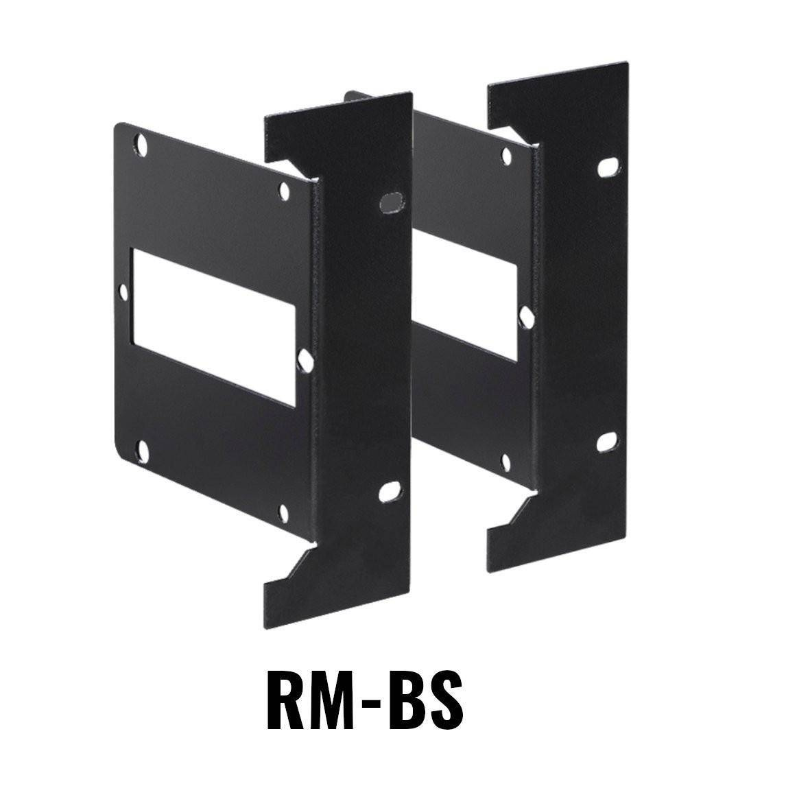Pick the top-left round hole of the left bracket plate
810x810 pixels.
point(143,144)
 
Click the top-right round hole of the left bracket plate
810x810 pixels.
point(284,187)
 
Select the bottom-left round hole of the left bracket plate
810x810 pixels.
point(143,449)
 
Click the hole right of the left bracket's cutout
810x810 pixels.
point(306,357)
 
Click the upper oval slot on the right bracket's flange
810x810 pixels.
point(608,168)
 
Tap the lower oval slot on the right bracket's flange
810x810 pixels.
point(606,443)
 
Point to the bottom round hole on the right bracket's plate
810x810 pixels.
point(505,461)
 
